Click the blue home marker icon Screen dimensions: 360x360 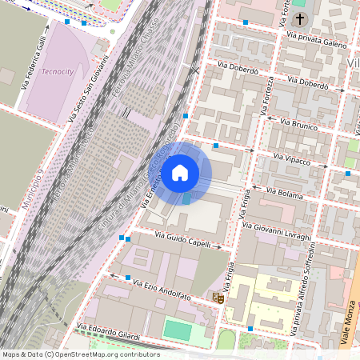pos(180,172)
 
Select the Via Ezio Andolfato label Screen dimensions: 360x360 pos(162,290)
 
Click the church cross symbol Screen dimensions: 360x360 pos(301,18)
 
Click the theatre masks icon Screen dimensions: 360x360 pos(216,298)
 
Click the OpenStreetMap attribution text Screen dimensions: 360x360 pos(70,354)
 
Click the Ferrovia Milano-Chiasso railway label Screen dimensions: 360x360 pos(133,68)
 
